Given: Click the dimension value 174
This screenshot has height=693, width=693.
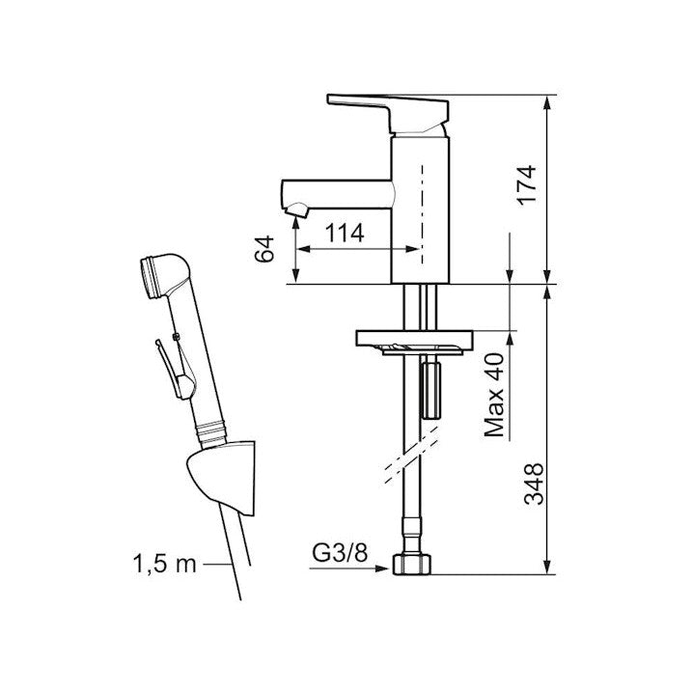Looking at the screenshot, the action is point(528,184).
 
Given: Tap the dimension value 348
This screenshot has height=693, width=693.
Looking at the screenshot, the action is point(534,484).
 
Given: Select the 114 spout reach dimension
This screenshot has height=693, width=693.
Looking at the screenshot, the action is point(345,233).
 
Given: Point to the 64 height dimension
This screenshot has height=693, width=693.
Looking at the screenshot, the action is point(264,250).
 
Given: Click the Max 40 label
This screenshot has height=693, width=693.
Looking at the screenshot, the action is point(494,395).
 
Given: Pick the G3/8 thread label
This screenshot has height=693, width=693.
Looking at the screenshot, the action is point(340,552).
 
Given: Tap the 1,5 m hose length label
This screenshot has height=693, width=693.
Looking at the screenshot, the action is point(165,564).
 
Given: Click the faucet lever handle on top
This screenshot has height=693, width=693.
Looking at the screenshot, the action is point(388,113).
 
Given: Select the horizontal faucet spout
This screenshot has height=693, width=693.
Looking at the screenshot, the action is point(337,194).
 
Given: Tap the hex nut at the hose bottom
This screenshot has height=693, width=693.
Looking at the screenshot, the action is point(411,565).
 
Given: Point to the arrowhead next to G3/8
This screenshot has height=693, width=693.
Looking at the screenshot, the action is point(381,568).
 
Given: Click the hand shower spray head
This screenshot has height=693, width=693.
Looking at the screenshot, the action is point(163,275).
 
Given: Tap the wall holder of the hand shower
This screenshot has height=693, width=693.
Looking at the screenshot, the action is point(222,478).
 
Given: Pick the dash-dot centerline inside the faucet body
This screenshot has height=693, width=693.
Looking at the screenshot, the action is point(422,214).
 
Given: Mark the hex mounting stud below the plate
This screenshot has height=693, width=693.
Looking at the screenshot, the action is point(431,389).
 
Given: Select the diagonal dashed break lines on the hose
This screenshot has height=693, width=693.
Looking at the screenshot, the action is point(411,456).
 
